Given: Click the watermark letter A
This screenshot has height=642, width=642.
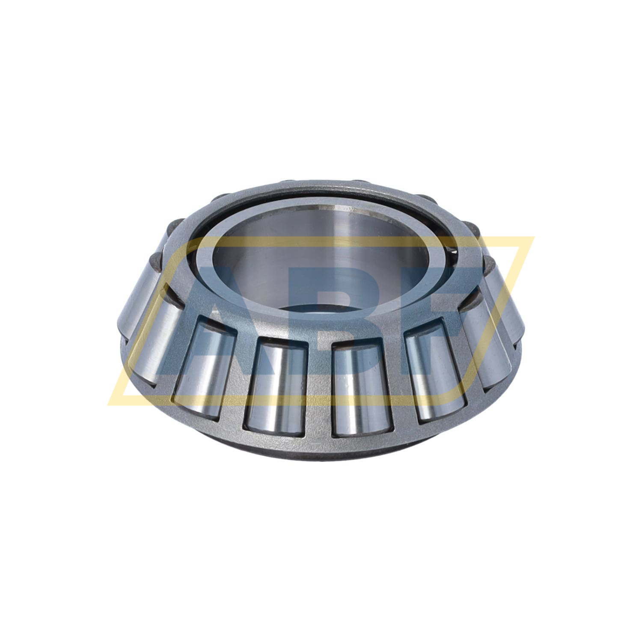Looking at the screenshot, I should tap(214, 325).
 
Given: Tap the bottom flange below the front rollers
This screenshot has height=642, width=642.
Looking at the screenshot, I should tap(321, 445).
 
